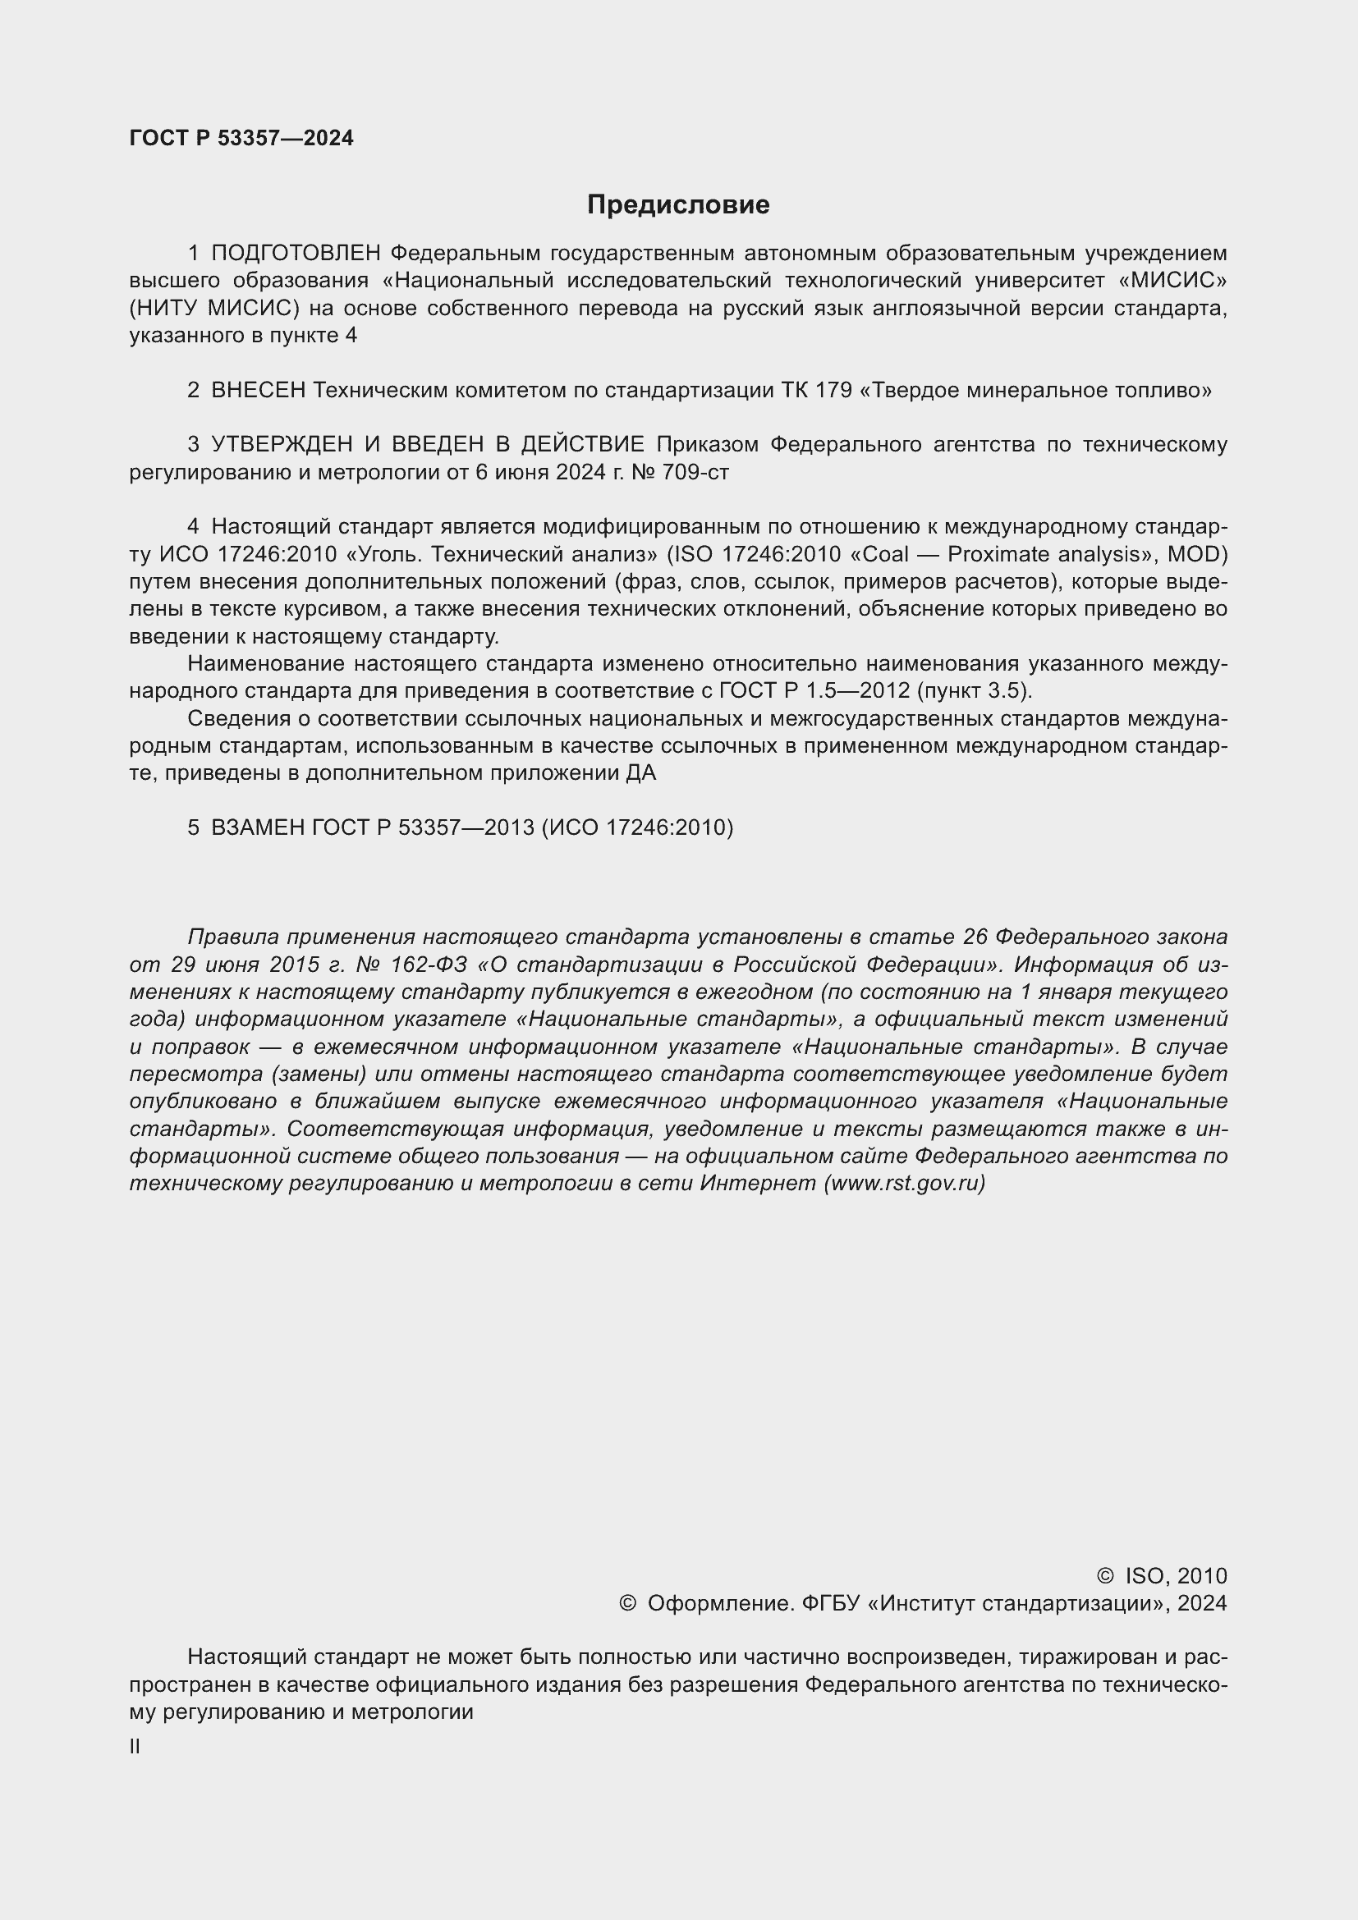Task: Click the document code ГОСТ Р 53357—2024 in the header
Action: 241,138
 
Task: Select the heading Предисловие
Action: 678,205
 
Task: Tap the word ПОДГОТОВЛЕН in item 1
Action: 297,253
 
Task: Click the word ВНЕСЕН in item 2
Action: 259,390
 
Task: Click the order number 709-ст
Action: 695,472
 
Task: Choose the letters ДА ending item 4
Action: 640,772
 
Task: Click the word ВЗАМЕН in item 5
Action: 259,827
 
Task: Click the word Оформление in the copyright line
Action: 720,1602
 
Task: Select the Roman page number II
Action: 135,1746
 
